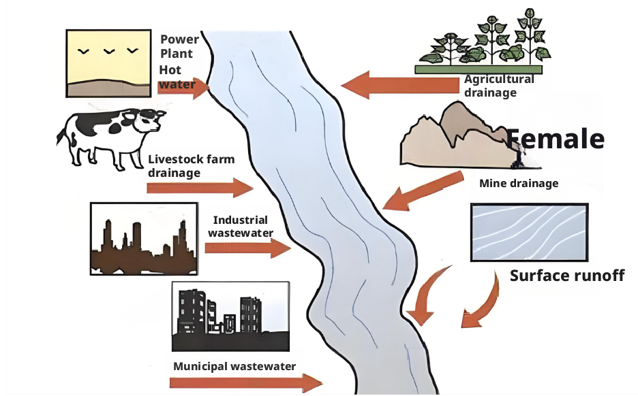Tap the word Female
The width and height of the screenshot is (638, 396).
click(x=556, y=138)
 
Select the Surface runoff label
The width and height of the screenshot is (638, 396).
click(x=567, y=276)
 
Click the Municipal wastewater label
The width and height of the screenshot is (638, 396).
click(x=234, y=366)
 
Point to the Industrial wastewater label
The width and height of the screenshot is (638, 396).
click(x=240, y=227)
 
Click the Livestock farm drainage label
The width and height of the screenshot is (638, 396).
click(x=191, y=166)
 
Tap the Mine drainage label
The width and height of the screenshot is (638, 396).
click(x=519, y=183)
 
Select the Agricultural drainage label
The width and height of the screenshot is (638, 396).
click(x=499, y=86)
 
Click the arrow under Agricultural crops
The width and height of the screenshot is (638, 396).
click(x=399, y=86)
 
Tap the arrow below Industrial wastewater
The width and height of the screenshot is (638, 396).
click(x=247, y=249)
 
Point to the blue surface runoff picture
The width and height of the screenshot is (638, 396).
click(x=530, y=232)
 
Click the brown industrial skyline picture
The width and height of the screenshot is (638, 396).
click(x=144, y=238)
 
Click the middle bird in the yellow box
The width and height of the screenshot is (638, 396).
click(x=108, y=51)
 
